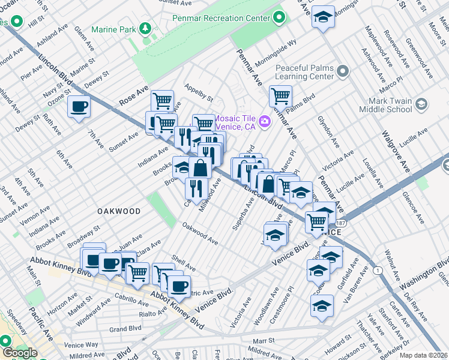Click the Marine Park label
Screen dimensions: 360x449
tap(112, 29)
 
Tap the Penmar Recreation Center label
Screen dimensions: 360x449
tap(221, 19)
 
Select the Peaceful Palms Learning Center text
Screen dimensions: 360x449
tap(304, 72)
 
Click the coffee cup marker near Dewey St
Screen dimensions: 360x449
tap(79, 107)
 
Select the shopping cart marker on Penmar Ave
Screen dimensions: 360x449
tap(280, 95)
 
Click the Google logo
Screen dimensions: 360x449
tap(20, 353)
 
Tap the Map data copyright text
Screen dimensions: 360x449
tap(424, 355)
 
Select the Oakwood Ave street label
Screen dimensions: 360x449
tap(200, 233)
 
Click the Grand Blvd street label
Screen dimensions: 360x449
tap(125, 329)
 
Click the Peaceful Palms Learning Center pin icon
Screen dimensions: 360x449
tap(343, 72)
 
